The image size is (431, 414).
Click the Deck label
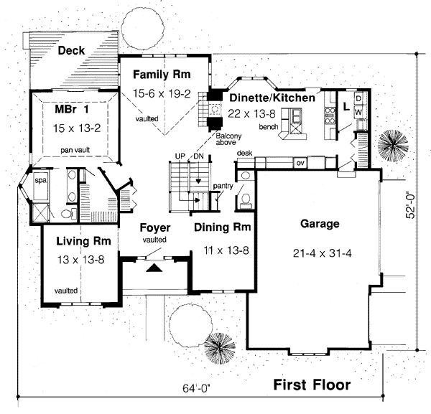(x=72, y=50)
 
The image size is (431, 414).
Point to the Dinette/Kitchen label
(x=272, y=97)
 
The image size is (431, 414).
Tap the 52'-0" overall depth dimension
(x=412, y=203)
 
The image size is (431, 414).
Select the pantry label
(x=223, y=187)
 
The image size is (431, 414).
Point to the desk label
(x=244, y=154)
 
